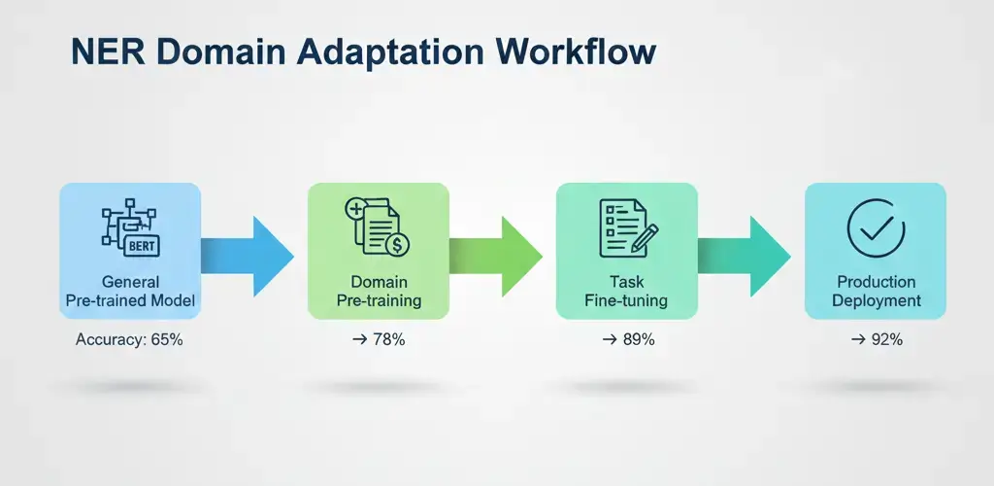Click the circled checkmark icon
876,229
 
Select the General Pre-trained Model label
130,291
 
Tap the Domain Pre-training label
379,291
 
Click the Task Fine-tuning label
626,291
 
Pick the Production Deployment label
876,291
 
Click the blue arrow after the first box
250,256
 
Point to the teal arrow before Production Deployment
747,256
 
